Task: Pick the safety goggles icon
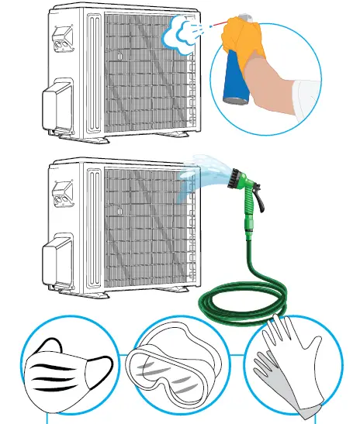click(x=178, y=371)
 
